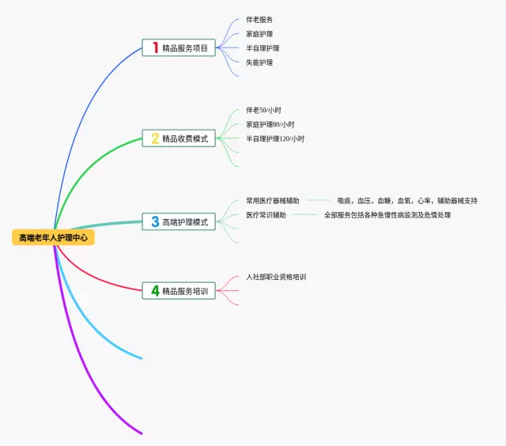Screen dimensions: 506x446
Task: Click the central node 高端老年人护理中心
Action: [53, 238]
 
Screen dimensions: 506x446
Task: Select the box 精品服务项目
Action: [179, 47]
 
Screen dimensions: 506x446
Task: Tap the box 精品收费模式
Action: [179, 138]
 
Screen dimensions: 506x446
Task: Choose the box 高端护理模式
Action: [179, 222]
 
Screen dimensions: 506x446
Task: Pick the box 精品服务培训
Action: [179, 291]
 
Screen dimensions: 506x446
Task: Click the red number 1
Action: [155, 47]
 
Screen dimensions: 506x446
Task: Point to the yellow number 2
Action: [155, 138]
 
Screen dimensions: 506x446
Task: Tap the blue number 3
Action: [155, 222]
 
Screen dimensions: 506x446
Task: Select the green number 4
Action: [155, 291]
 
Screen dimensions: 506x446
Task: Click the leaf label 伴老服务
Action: [259, 20]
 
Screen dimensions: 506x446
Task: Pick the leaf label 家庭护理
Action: [259, 34]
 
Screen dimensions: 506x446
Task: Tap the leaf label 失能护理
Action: [259, 62]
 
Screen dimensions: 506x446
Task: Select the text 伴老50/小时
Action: [263, 110]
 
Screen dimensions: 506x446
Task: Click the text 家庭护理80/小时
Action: [270, 124]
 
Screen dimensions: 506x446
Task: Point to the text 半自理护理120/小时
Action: [274, 138]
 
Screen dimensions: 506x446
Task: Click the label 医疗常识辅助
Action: [266, 215]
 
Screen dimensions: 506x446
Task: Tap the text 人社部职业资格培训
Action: [275, 277]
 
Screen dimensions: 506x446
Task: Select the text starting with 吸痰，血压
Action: [406, 201]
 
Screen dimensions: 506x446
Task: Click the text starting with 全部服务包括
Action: [387, 215]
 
